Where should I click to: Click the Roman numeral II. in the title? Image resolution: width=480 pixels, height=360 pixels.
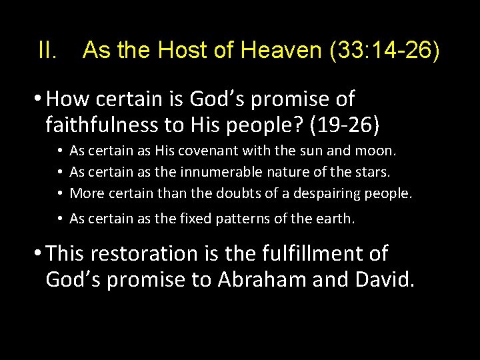[x=49, y=50]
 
